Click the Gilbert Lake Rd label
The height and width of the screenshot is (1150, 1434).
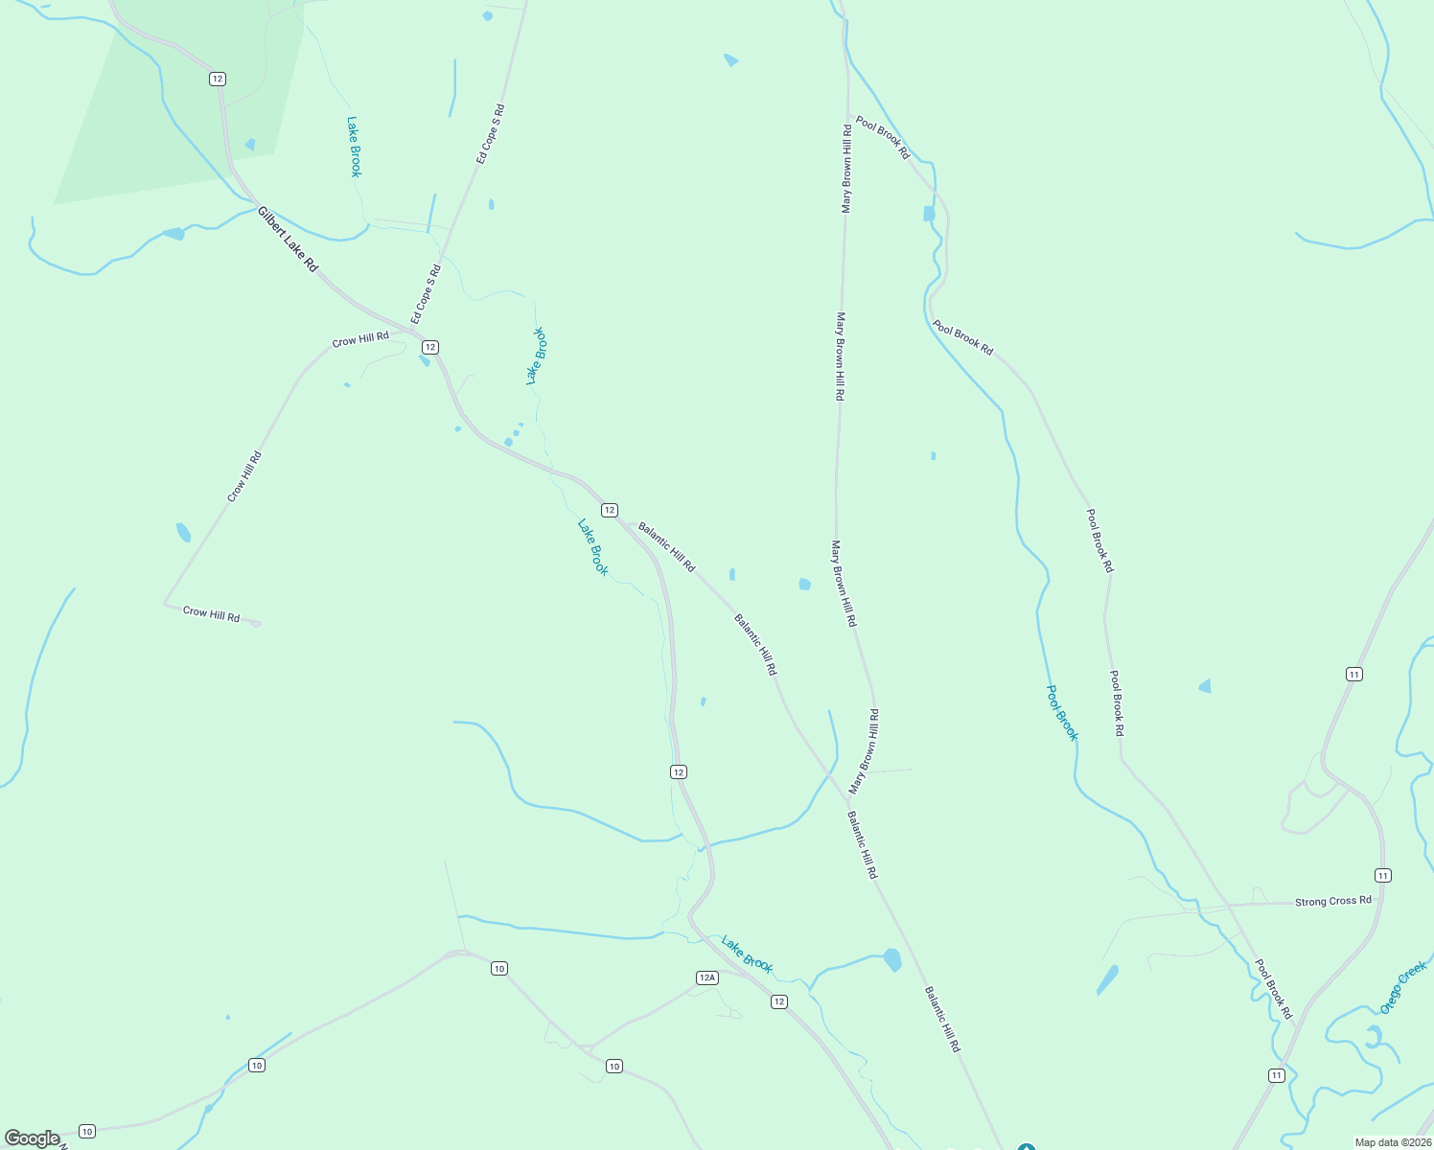pyautogui.click(x=287, y=240)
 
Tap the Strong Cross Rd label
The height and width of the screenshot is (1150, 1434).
pyautogui.click(x=1332, y=901)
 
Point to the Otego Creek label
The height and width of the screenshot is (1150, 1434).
pyautogui.click(x=1403, y=988)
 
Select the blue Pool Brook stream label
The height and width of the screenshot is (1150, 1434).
pyautogui.click(x=1062, y=713)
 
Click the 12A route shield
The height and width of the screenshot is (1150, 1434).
pyautogui.click(x=706, y=977)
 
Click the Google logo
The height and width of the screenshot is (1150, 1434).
pyautogui.click(x=32, y=1138)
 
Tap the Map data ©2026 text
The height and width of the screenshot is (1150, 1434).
pyautogui.click(x=1392, y=1142)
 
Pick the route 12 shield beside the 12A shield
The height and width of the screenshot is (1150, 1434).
pyautogui.click(x=778, y=1001)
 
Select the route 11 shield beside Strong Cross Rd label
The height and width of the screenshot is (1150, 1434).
pyautogui.click(x=1382, y=875)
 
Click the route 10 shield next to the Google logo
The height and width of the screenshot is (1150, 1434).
pyautogui.click(x=87, y=1131)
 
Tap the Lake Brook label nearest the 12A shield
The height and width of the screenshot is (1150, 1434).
pyautogui.click(x=747, y=954)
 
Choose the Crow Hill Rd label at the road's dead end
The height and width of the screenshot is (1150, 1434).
pyautogui.click(x=211, y=614)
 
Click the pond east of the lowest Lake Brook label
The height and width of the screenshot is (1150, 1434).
pyautogui.click(x=892, y=959)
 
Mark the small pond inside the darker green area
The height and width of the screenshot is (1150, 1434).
pyautogui.click(x=250, y=145)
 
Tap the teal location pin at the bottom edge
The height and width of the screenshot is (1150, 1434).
pyautogui.click(x=1026, y=1146)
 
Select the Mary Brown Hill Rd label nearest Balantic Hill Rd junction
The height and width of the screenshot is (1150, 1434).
pyautogui.click(x=864, y=752)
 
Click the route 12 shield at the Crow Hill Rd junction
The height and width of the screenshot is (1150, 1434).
pyautogui.click(x=429, y=347)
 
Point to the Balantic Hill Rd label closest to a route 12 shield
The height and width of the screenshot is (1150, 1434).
pyautogui.click(x=666, y=547)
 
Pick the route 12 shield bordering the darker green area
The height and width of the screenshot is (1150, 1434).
pyautogui.click(x=218, y=79)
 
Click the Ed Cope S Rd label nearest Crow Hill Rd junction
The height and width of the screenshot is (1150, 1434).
pyautogui.click(x=425, y=294)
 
